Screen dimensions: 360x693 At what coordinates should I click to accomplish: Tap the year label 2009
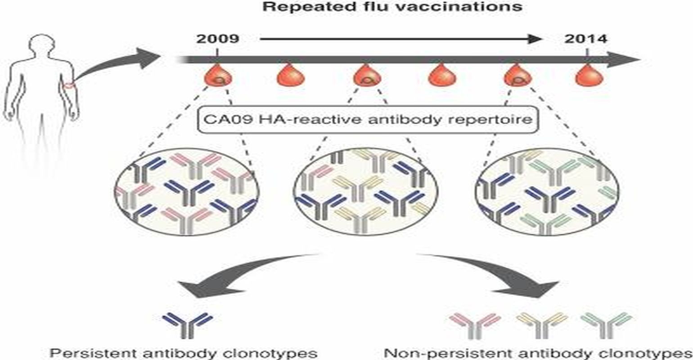pyautogui.click(x=218, y=39)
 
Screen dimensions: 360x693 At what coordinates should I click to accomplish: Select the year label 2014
pyautogui.click(x=586, y=39)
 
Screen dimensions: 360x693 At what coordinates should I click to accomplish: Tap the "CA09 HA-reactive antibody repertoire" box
pyautogui.click(x=368, y=120)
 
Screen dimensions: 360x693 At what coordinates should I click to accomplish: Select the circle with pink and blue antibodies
pyautogui.click(x=186, y=191)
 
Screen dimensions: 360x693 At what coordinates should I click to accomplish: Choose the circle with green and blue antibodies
pyautogui.click(x=547, y=191)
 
